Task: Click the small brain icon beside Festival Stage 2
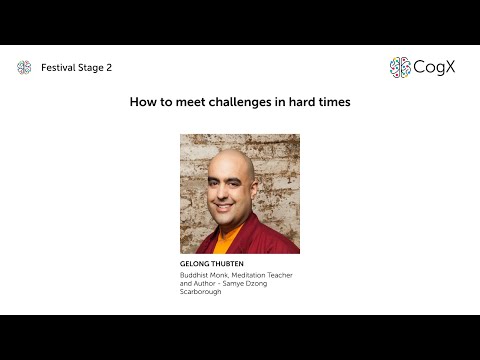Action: (x=24, y=68)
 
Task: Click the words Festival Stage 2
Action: (x=76, y=68)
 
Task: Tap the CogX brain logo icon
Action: (x=400, y=68)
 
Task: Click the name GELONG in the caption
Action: (x=195, y=263)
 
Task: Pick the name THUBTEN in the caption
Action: (x=231, y=263)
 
